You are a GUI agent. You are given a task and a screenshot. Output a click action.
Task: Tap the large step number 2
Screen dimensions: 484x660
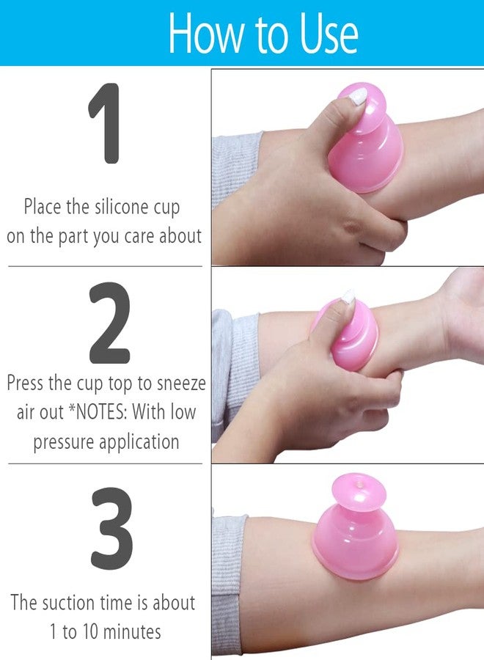109,323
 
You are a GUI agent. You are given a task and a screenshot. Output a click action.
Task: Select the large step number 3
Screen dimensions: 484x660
111,528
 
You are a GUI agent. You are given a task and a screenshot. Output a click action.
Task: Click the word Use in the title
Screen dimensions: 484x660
329,34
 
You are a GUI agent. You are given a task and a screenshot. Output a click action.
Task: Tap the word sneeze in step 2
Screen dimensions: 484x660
181,384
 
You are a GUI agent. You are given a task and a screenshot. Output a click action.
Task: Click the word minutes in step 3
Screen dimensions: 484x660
132,632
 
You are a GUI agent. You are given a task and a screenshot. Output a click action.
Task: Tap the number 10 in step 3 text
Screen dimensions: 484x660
90,632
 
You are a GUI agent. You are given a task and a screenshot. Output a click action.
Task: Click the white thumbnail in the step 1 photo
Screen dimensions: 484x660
359,97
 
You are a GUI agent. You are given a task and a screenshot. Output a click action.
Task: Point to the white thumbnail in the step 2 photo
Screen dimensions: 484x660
348,297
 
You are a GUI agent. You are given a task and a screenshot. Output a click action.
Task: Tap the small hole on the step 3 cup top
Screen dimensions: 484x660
359,485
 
